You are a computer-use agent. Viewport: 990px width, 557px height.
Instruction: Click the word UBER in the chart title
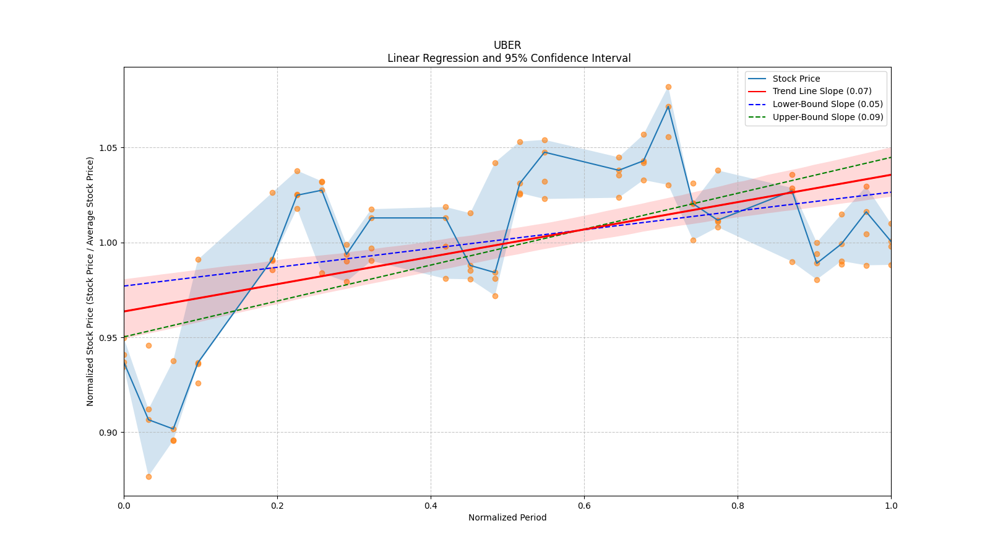[x=507, y=45]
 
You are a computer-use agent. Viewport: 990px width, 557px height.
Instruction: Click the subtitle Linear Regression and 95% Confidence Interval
[x=509, y=58]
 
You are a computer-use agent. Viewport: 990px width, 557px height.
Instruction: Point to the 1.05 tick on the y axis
[x=108, y=148]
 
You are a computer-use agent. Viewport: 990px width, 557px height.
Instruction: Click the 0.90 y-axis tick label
[x=108, y=433]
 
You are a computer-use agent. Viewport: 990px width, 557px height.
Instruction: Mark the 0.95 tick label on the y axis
[x=108, y=338]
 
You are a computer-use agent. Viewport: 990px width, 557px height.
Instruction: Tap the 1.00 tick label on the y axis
[x=108, y=243]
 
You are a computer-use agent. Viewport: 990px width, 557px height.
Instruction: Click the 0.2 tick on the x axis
[x=277, y=506]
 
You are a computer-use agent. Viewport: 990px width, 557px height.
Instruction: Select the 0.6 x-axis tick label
[x=584, y=506]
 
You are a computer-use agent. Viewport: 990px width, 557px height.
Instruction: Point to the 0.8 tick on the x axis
[x=738, y=506]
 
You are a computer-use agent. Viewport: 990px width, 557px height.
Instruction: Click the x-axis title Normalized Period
[x=507, y=517]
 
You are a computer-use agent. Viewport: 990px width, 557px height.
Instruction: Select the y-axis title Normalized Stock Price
[x=90, y=282]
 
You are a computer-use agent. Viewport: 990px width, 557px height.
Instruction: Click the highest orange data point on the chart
[x=668, y=87]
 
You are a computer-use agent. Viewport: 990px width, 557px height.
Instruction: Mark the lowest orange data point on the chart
[x=148, y=477]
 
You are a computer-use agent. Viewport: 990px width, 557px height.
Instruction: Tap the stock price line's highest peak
[x=668, y=106]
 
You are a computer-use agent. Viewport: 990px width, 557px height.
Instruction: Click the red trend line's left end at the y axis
[x=124, y=311]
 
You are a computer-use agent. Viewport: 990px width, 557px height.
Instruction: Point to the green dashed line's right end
[x=891, y=157]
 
